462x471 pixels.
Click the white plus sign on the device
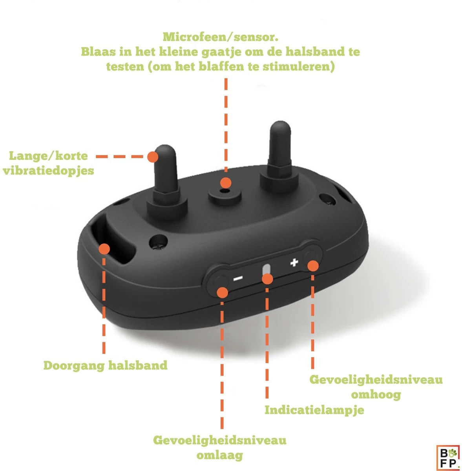point(294,262)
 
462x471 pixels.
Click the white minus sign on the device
point(238,279)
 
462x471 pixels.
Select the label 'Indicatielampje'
point(314,410)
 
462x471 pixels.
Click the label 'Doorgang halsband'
point(105,365)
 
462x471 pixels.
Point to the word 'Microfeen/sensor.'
point(221,37)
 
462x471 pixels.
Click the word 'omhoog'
point(376,394)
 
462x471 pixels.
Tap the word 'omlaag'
point(219,455)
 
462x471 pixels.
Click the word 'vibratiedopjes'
point(48,171)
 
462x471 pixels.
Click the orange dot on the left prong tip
point(153,157)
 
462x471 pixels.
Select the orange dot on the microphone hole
point(225,183)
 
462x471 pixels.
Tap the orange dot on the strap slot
point(104,248)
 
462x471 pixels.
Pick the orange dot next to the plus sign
point(312,266)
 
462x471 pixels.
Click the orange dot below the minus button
point(223,292)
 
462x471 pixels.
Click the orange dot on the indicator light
point(267,279)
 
